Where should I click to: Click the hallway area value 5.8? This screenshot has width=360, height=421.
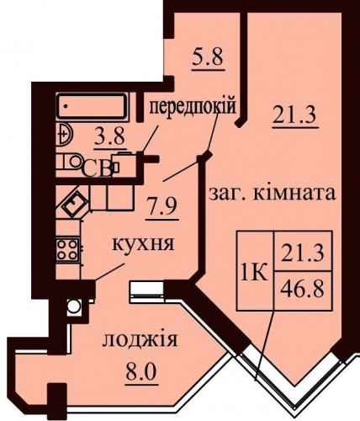[209, 57]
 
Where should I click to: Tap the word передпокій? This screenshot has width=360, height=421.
[192, 107]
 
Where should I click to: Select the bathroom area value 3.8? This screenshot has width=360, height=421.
[109, 136]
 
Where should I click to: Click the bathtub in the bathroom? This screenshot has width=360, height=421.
[92, 106]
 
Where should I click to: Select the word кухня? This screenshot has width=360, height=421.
[143, 243]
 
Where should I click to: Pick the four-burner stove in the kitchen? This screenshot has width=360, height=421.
[67, 250]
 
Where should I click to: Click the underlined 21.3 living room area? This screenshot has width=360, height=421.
[294, 115]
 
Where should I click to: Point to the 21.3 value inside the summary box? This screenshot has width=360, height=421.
[303, 252]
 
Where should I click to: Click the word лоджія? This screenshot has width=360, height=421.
[140, 340]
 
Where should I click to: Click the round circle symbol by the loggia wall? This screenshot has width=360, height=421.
[74, 306]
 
